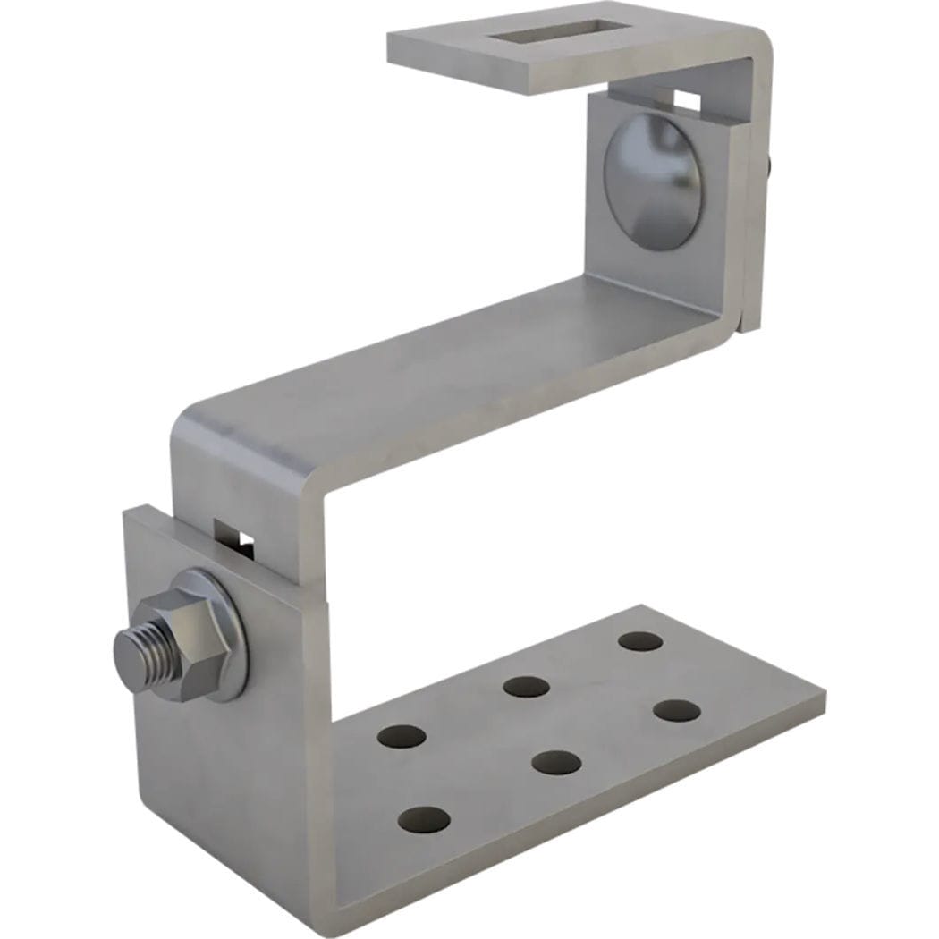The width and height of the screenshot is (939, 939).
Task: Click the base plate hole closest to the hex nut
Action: (402, 736)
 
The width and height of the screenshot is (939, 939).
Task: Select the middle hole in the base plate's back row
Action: (526, 687)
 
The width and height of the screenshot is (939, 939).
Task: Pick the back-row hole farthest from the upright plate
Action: (640, 641)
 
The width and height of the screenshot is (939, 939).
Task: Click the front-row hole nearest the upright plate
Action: (424, 819)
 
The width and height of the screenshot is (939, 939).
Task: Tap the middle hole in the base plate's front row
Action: (556, 763)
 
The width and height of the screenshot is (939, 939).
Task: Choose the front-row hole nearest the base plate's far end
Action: (676, 711)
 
